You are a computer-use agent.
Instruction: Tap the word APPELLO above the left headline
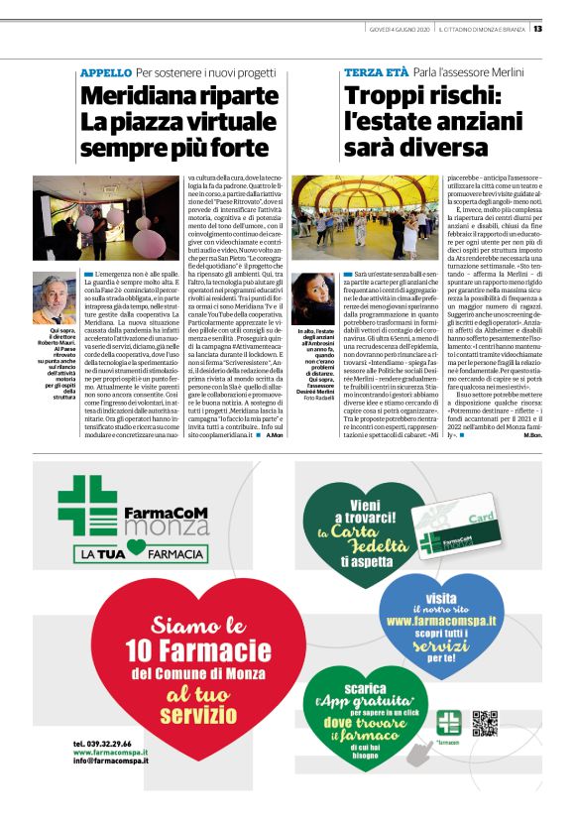click(x=106, y=73)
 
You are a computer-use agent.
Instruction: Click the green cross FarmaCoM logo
click(x=86, y=506)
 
